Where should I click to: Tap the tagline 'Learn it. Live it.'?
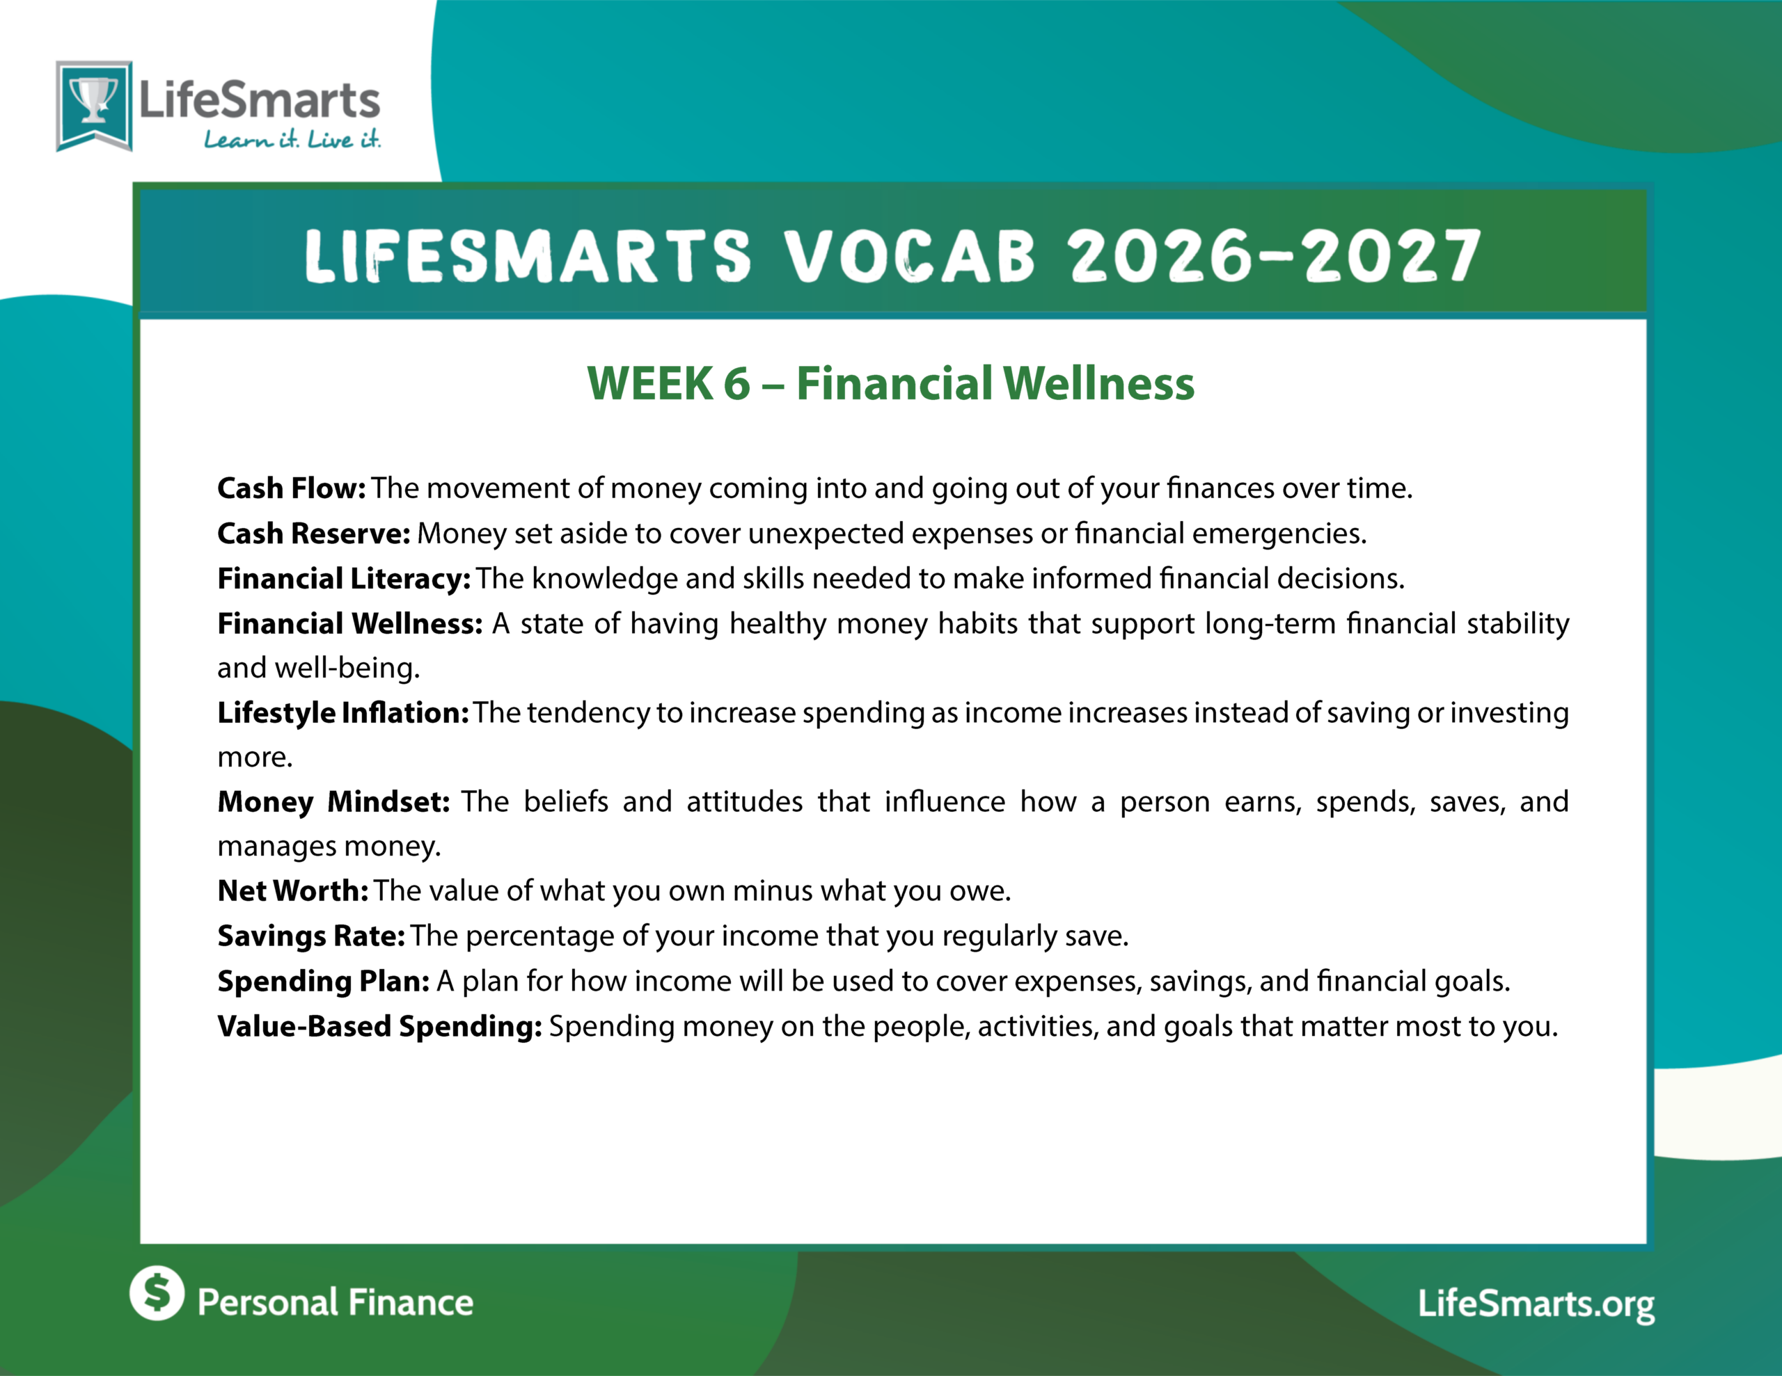click(292, 139)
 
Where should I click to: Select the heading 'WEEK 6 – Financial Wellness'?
click(891, 383)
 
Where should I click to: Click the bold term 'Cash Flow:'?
click(291, 488)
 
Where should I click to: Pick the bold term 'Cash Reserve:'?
click(313, 533)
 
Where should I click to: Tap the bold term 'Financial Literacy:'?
click(343, 578)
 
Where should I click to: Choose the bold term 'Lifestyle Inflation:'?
click(342, 713)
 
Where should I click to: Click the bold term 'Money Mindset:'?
click(333, 802)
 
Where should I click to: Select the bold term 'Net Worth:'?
click(293, 890)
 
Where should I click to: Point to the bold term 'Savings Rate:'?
click(311, 936)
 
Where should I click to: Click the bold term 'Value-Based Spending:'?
click(379, 1026)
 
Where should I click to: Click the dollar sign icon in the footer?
click(157, 1293)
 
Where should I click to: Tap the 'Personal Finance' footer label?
click(336, 1302)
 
